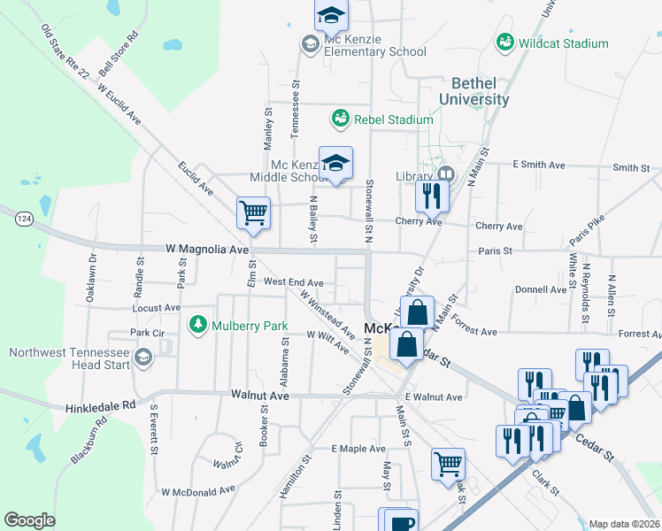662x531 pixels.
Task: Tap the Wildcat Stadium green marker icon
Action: coord(504,42)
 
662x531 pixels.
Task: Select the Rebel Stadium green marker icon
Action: coord(339,118)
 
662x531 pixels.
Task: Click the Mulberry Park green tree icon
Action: coord(197,326)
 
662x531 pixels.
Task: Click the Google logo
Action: coord(30,520)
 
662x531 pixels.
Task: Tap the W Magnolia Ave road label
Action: coord(207,250)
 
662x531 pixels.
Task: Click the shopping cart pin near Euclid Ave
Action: coord(253,213)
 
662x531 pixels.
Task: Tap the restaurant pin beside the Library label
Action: coord(432,196)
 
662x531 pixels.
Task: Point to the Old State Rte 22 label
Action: coord(65,55)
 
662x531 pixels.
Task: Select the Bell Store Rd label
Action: coord(120,54)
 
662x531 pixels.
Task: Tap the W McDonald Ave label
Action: coord(198,489)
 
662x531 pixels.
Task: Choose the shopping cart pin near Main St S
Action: coord(448,462)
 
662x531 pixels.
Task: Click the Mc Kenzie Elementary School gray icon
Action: coord(310,42)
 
